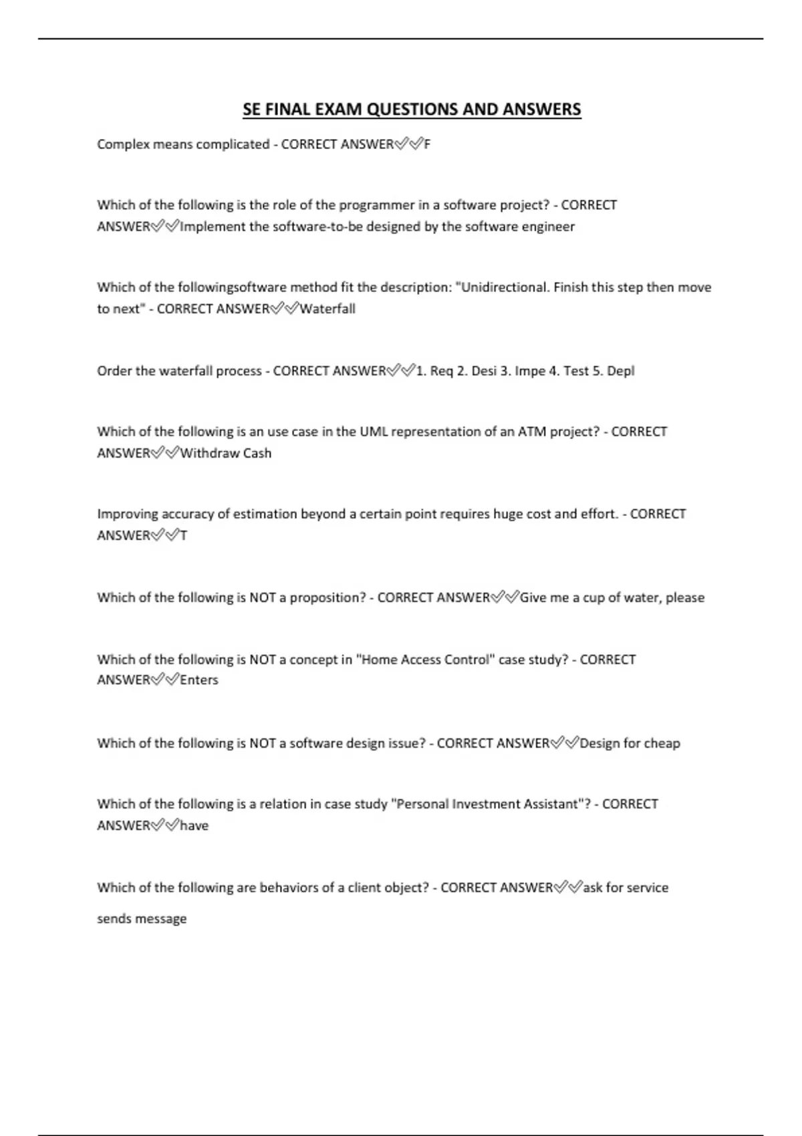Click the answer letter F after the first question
[x=427, y=144]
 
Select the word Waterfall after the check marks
[x=327, y=309]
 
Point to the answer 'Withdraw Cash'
[x=226, y=453]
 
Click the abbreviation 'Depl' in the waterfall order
[x=620, y=371]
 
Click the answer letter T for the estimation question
[x=184, y=536]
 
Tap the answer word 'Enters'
[x=199, y=680]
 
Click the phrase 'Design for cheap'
[x=630, y=743]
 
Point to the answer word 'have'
[x=194, y=826]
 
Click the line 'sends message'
[x=142, y=919]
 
